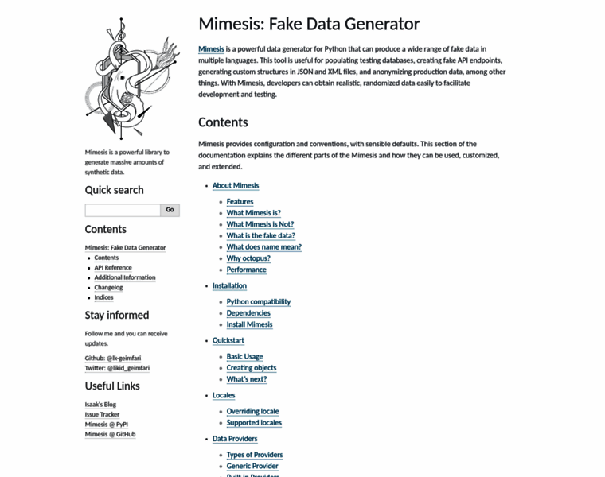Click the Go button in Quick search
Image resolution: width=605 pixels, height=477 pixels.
click(x=170, y=210)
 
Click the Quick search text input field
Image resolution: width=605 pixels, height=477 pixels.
click(x=123, y=210)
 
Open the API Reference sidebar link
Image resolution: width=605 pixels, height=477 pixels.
click(x=113, y=268)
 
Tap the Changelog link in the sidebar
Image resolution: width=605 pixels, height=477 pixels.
click(x=108, y=287)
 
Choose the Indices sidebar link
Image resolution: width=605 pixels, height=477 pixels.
click(x=103, y=297)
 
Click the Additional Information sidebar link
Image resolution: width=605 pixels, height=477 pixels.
click(x=124, y=277)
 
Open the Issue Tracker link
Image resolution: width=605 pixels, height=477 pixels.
click(x=102, y=414)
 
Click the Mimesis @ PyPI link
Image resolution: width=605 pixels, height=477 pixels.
click(x=107, y=425)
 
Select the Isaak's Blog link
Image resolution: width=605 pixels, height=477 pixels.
click(x=100, y=405)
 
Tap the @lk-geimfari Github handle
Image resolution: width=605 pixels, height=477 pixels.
click(x=124, y=359)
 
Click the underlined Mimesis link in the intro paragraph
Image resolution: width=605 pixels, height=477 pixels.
click(x=211, y=49)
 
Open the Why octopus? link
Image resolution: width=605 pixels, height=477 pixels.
click(x=248, y=258)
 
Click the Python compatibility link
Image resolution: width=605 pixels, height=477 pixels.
click(x=259, y=302)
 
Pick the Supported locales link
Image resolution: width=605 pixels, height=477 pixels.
click(x=254, y=423)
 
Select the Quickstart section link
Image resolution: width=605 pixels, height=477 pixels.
click(x=228, y=340)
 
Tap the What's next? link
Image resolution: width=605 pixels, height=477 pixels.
click(x=247, y=379)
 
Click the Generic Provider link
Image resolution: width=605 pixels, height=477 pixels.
click(x=252, y=466)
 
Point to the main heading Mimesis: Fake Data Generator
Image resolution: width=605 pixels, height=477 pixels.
click(x=309, y=25)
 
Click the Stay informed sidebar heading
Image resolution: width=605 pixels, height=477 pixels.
click(x=117, y=315)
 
